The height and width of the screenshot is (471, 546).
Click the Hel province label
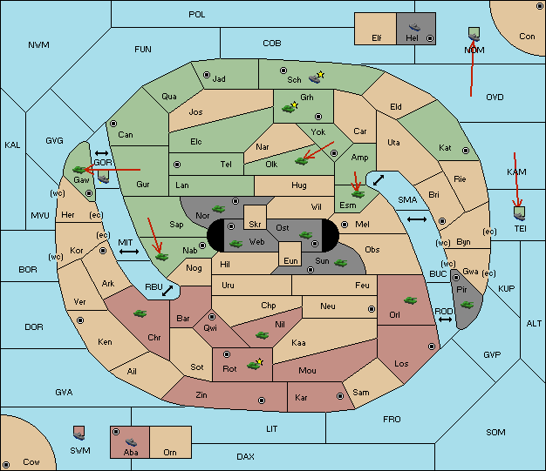point(412,37)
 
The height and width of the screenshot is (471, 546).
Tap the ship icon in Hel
point(414,27)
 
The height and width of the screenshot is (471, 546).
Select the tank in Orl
point(410,300)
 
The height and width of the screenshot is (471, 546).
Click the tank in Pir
point(467,305)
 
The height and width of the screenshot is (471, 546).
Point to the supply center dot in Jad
point(207,75)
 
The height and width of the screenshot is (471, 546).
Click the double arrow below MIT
point(129,252)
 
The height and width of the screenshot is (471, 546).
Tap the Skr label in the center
point(255,225)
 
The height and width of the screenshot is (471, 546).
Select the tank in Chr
point(140,313)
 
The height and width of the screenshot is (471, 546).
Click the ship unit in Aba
point(132,441)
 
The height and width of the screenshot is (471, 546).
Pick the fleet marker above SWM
point(79,433)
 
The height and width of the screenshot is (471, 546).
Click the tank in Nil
point(262,335)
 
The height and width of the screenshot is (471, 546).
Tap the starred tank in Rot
point(255,365)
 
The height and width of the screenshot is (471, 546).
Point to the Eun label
point(290,260)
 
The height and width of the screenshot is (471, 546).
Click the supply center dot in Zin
point(262,400)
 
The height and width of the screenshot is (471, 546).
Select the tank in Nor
point(219,209)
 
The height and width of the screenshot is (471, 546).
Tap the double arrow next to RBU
point(167,291)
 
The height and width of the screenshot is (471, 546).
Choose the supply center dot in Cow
point(6,465)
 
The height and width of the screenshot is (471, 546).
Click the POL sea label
point(197,15)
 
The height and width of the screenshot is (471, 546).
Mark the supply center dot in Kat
point(466,151)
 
